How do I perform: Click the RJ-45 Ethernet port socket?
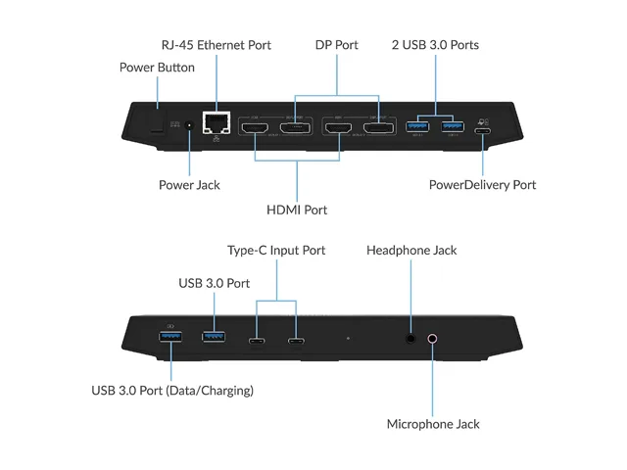[217, 122]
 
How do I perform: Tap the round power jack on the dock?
[189, 126]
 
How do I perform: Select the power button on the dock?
[157, 120]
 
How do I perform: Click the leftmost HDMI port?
[255, 128]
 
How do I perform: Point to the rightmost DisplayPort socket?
[379, 128]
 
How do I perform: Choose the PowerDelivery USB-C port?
[483, 131]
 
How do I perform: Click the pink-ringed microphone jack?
[432, 339]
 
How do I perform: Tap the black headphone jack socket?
[410, 339]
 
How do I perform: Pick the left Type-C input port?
[257, 341]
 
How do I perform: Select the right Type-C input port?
[296, 341]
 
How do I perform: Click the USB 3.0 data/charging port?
[170, 337]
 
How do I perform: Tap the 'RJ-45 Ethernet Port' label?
[217, 45]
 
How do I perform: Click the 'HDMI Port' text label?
[297, 210]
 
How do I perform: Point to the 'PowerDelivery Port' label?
[483, 185]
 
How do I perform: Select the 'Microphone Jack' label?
[433, 424]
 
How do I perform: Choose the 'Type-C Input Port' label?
[276, 251]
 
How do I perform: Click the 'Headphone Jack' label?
[411, 251]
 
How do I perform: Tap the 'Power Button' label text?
[157, 68]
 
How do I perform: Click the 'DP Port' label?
[337, 45]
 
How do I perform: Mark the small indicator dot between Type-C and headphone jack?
[349, 338]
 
